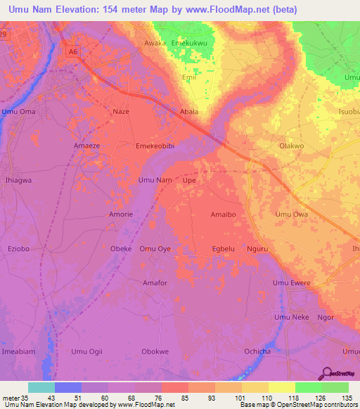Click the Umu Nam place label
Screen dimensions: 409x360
click(x=155, y=181)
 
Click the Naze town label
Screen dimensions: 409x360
click(x=121, y=112)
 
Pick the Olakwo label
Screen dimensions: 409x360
click(x=291, y=146)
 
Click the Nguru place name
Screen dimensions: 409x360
click(x=258, y=249)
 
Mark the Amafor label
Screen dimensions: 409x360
click(x=155, y=283)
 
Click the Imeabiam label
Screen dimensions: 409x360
click(x=18, y=351)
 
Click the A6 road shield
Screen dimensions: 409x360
click(x=72, y=51)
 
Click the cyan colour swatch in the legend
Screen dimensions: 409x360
click(x=41, y=387)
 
